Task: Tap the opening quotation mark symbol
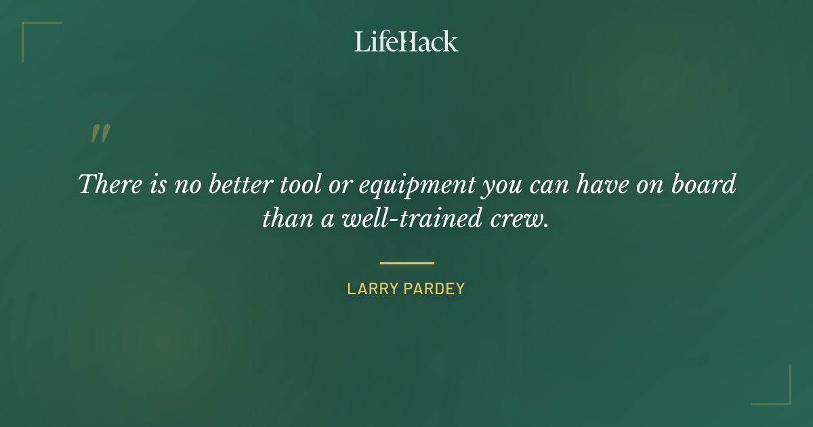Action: pos(100,134)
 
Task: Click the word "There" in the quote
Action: pos(105,185)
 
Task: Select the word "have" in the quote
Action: pos(596,185)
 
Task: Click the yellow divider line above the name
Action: pos(406,263)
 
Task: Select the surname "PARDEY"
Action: pos(436,289)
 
